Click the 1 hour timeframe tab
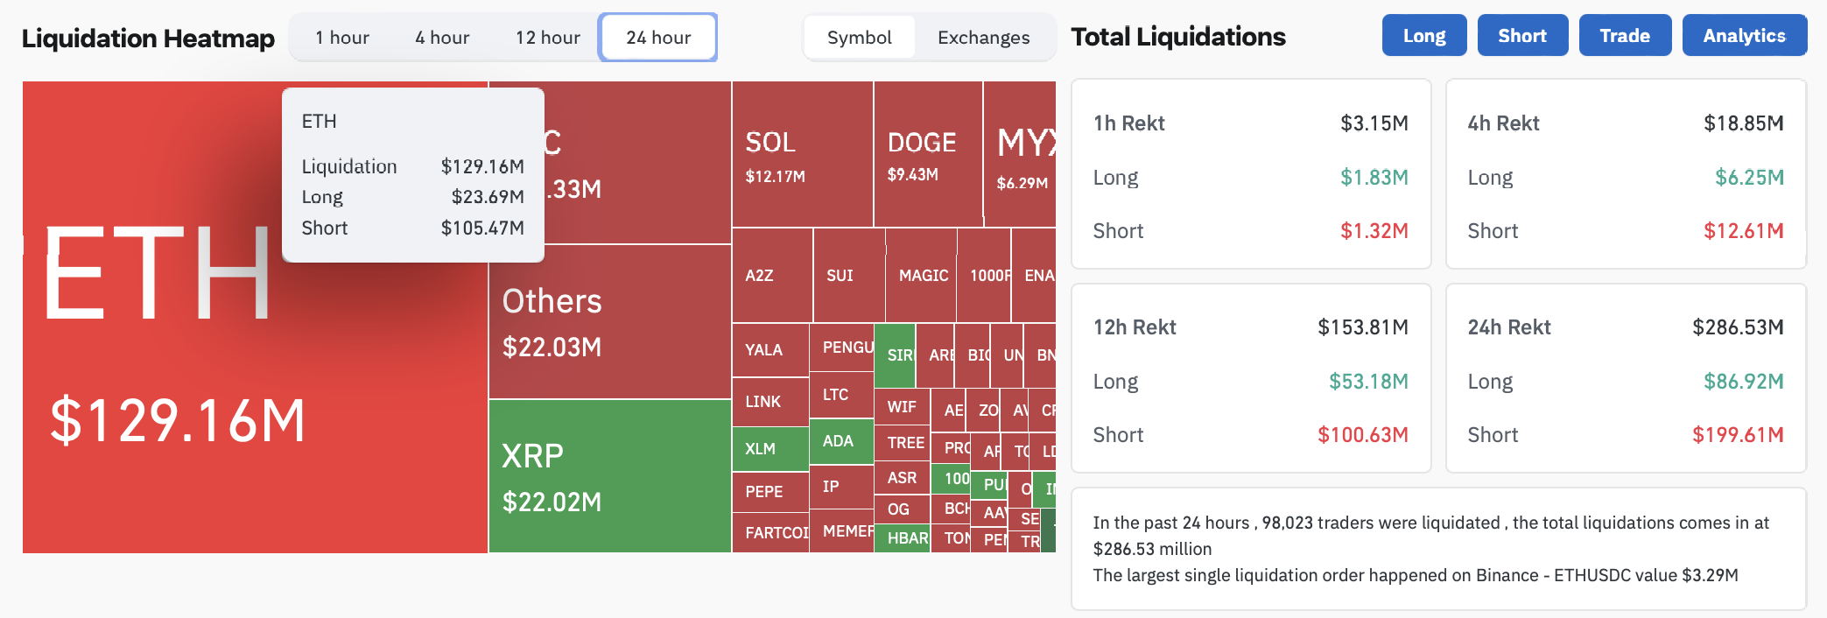[342, 38]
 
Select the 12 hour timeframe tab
[547, 38]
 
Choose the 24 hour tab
[658, 38]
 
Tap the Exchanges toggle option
[983, 38]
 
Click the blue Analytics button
[1744, 36]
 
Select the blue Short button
[1521, 36]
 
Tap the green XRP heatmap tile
[609, 476]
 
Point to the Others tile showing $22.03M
[609, 322]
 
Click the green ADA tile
[840, 441]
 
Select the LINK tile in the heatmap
[769, 402]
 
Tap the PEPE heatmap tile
[769, 492]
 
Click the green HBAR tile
[902, 538]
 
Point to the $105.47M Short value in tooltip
[482, 228]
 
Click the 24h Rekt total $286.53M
[1737, 327]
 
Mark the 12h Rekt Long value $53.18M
[1368, 382]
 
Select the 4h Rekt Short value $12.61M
[1743, 231]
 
